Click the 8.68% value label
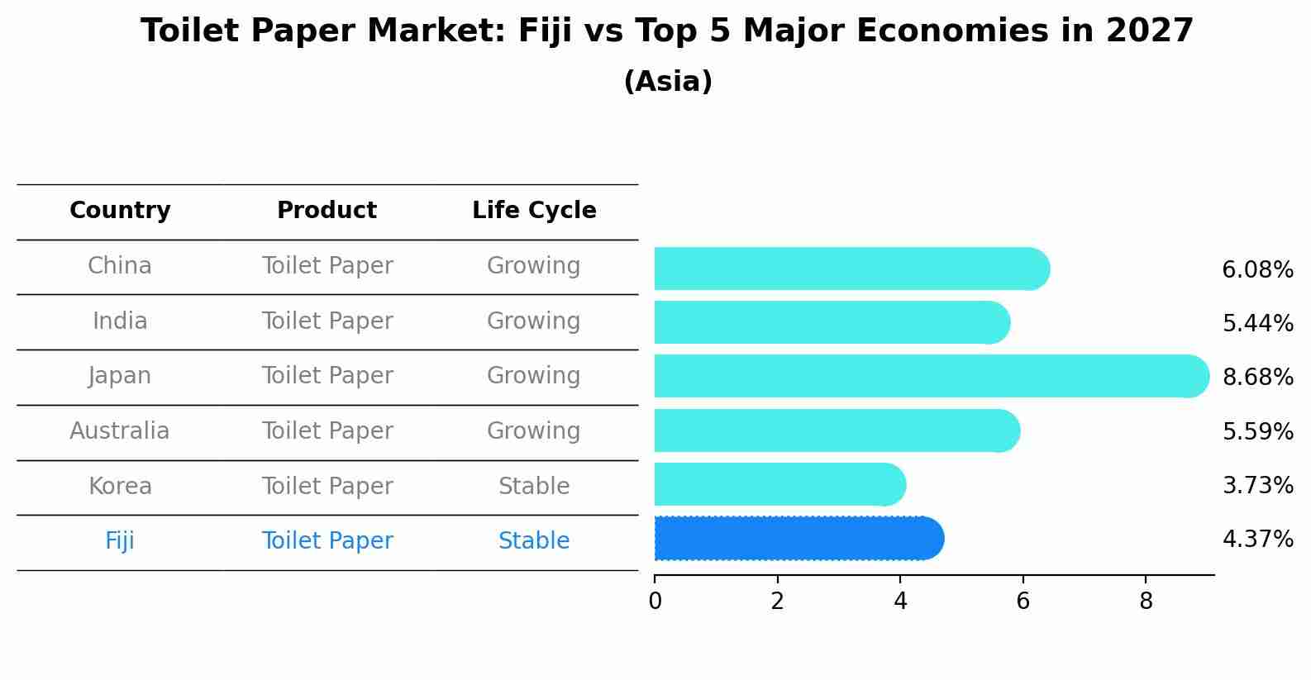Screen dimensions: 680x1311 pyautogui.click(x=1257, y=378)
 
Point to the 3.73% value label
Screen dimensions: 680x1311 pyautogui.click(x=1257, y=486)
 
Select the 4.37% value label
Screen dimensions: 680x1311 pyautogui.click(x=1257, y=540)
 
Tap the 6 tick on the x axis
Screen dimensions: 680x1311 pyautogui.click(x=1023, y=602)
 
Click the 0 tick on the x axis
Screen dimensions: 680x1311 pyautogui.click(x=655, y=602)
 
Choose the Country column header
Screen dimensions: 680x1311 pyautogui.click(x=120, y=211)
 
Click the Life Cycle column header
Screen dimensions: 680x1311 pyautogui.click(x=534, y=211)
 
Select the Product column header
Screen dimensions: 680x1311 pyautogui.click(x=327, y=211)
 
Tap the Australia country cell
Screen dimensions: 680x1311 pyautogui.click(x=120, y=431)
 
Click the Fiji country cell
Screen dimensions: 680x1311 pyautogui.click(x=120, y=541)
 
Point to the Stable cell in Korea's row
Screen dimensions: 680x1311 pyautogui.click(x=534, y=487)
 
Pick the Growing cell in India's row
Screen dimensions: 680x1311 pyautogui.click(x=534, y=321)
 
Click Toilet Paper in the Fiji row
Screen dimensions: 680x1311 pyautogui.click(x=327, y=541)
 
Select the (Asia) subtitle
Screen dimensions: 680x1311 pyautogui.click(x=668, y=82)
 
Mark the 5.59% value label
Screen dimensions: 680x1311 pyautogui.click(x=1257, y=432)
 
